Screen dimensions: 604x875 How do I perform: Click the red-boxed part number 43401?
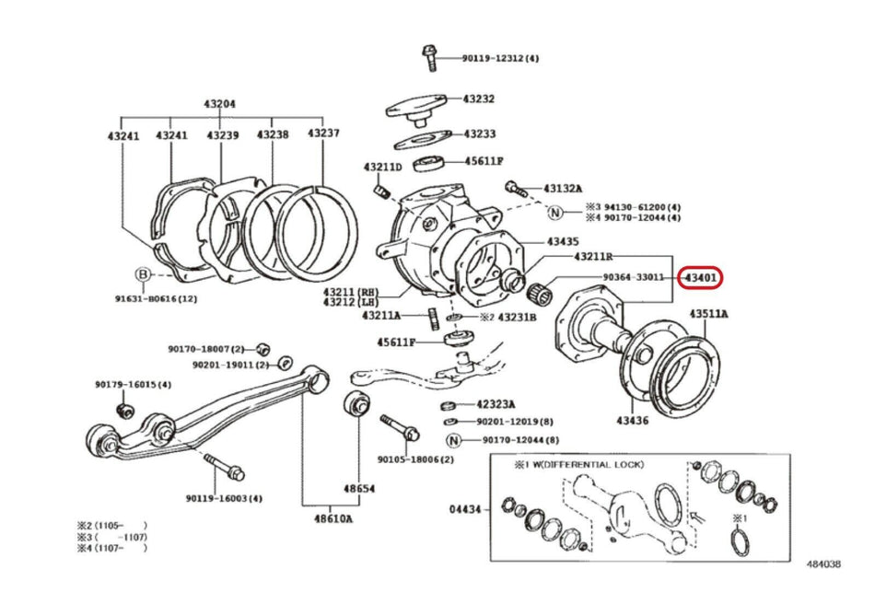[x=701, y=277]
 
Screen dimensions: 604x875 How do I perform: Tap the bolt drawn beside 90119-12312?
[x=428, y=57]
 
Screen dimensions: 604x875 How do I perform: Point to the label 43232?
[x=479, y=99]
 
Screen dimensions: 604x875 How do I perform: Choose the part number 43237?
[x=323, y=134]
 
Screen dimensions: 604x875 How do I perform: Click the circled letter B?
[x=143, y=274]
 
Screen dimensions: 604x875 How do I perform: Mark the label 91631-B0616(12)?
[x=156, y=298]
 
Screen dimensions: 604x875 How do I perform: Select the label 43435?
[x=563, y=241]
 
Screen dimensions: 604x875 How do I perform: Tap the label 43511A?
[x=709, y=314]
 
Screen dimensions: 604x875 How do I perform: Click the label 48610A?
[x=332, y=518]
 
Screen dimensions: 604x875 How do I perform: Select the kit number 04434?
[x=466, y=507]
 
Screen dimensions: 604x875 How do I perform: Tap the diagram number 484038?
[x=824, y=563]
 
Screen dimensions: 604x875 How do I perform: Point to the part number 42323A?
[x=496, y=404]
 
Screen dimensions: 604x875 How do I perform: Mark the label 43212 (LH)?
[x=350, y=301]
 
